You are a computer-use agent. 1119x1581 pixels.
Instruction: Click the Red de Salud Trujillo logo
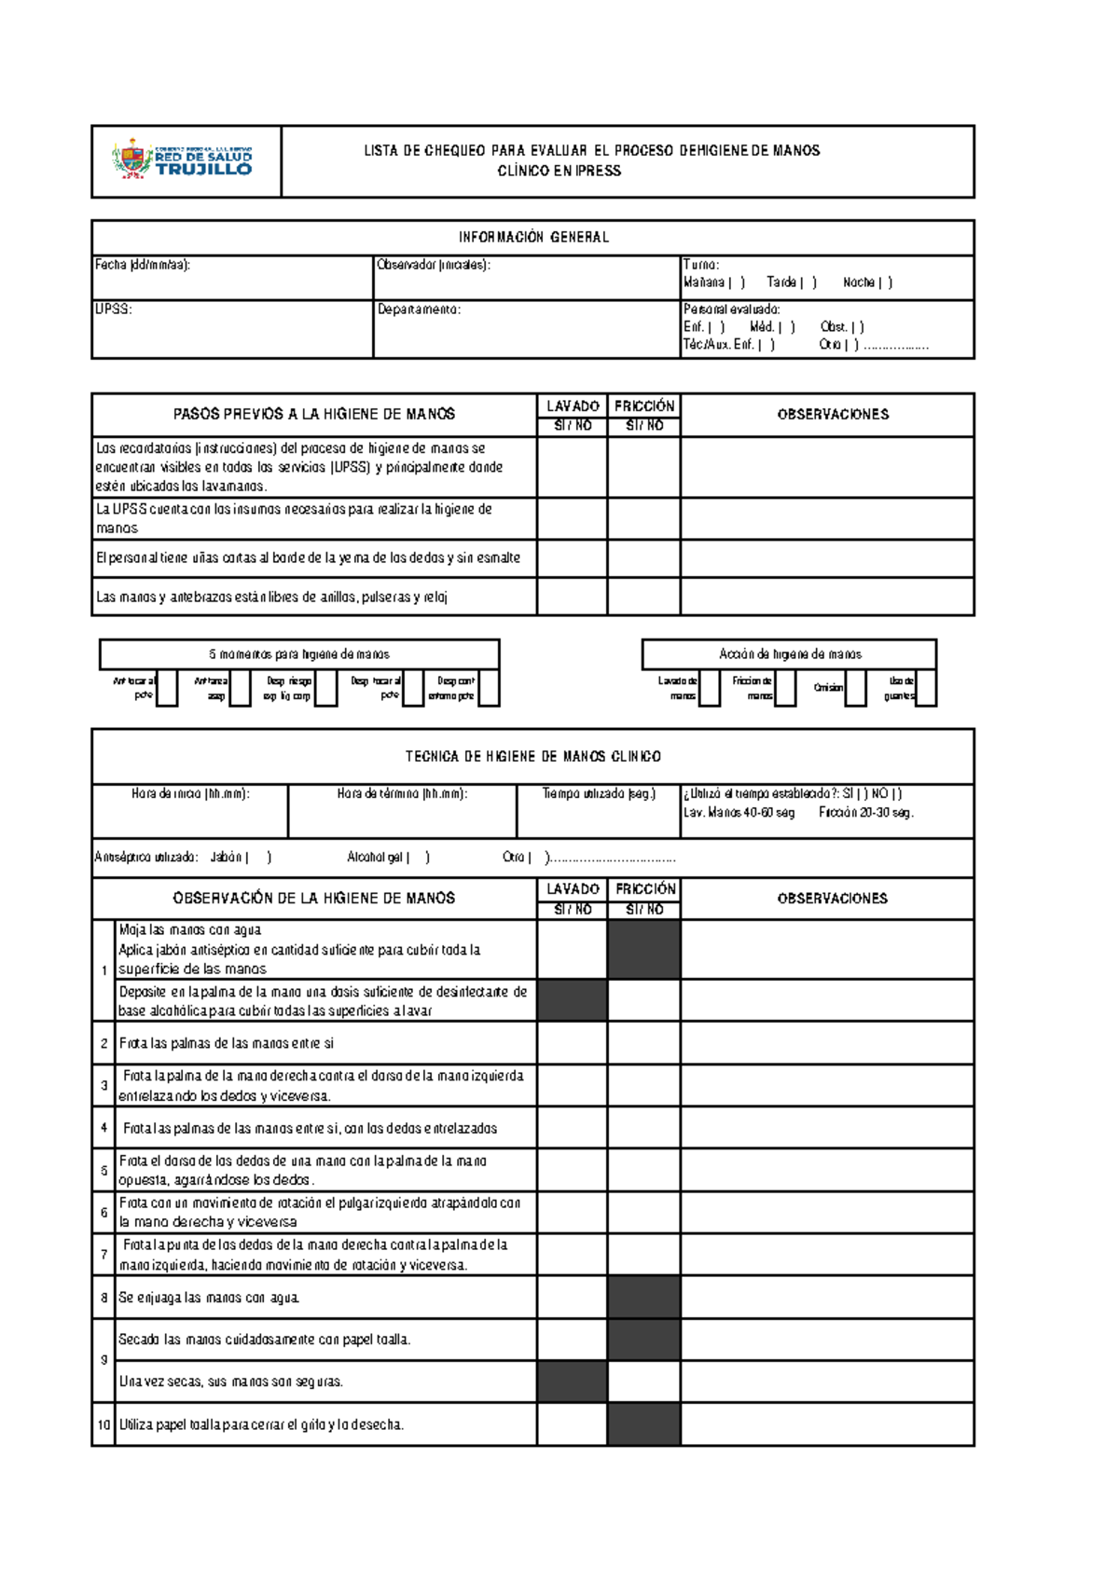183,159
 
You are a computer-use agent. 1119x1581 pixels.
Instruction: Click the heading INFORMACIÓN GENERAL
533,238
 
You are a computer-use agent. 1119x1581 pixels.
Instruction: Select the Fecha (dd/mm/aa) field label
143,265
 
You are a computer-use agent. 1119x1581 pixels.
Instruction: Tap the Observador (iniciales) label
433,265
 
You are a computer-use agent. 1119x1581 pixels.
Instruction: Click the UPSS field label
113,309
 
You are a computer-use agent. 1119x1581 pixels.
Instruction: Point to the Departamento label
419,309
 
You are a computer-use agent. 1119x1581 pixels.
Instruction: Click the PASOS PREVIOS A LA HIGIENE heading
314,414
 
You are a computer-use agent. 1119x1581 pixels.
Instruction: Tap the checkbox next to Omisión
855,688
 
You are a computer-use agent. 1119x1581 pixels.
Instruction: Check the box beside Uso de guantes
926,688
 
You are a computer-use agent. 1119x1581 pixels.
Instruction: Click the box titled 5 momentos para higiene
299,654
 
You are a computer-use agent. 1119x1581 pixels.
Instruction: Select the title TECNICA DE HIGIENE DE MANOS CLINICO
533,757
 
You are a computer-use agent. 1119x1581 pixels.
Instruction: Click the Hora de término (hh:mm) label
402,794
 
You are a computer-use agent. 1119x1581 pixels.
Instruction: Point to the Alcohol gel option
387,858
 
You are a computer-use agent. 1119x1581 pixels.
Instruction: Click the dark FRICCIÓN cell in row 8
644,1298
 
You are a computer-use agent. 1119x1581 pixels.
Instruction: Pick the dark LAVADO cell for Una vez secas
572,1382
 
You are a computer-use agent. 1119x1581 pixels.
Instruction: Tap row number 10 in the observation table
104,1424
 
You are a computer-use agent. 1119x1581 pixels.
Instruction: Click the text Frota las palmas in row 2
226,1043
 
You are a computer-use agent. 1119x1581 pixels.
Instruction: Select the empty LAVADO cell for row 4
572,1128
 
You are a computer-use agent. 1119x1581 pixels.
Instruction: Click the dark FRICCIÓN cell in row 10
644,1424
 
